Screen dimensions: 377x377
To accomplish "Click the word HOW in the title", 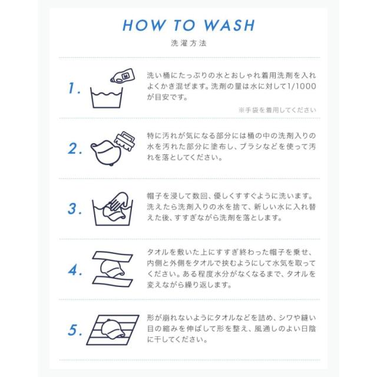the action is (x=144, y=25).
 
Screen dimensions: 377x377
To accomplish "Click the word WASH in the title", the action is (x=229, y=25).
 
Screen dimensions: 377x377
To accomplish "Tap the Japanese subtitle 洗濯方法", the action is (x=188, y=43).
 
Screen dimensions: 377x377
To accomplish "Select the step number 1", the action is (x=74, y=88).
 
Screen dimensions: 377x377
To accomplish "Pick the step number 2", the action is (x=75, y=148).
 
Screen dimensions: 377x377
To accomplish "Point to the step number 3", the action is (x=75, y=209).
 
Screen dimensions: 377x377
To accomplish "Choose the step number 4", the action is (x=75, y=270).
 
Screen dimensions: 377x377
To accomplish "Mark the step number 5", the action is (x=75, y=330).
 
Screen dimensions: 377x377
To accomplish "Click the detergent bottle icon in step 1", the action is (x=123, y=76).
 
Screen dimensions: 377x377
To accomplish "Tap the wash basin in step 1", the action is (x=107, y=98).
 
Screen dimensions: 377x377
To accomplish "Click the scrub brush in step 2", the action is (x=125, y=141).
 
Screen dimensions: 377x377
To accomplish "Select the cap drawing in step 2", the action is (x=107, y=153).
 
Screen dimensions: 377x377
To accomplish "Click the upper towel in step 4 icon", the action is (x=113, y=257).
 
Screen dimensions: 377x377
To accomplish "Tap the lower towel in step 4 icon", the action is (x=113, y=282).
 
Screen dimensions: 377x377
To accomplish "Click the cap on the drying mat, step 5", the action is (x=113, y=329).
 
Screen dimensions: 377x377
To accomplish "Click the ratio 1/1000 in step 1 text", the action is (x=302, y=87).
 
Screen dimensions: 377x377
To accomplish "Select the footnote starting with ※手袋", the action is (x=277, y=110).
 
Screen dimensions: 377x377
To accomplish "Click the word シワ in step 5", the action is (x=287, y=318).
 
